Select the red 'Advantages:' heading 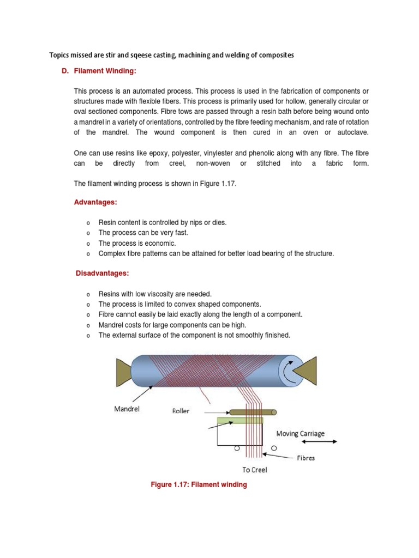tap(95, 202)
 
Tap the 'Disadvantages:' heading tap(101, 274)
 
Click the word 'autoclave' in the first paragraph tap(350, 132)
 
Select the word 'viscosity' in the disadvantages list tap(159, 294)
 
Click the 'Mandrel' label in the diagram tap(127, 409)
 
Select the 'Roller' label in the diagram tap(181, 411)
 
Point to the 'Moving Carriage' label tap(300, 434)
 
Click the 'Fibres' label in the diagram tap(306, 458)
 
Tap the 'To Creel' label tap(254, 470)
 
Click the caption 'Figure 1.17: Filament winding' tap(199, 484)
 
